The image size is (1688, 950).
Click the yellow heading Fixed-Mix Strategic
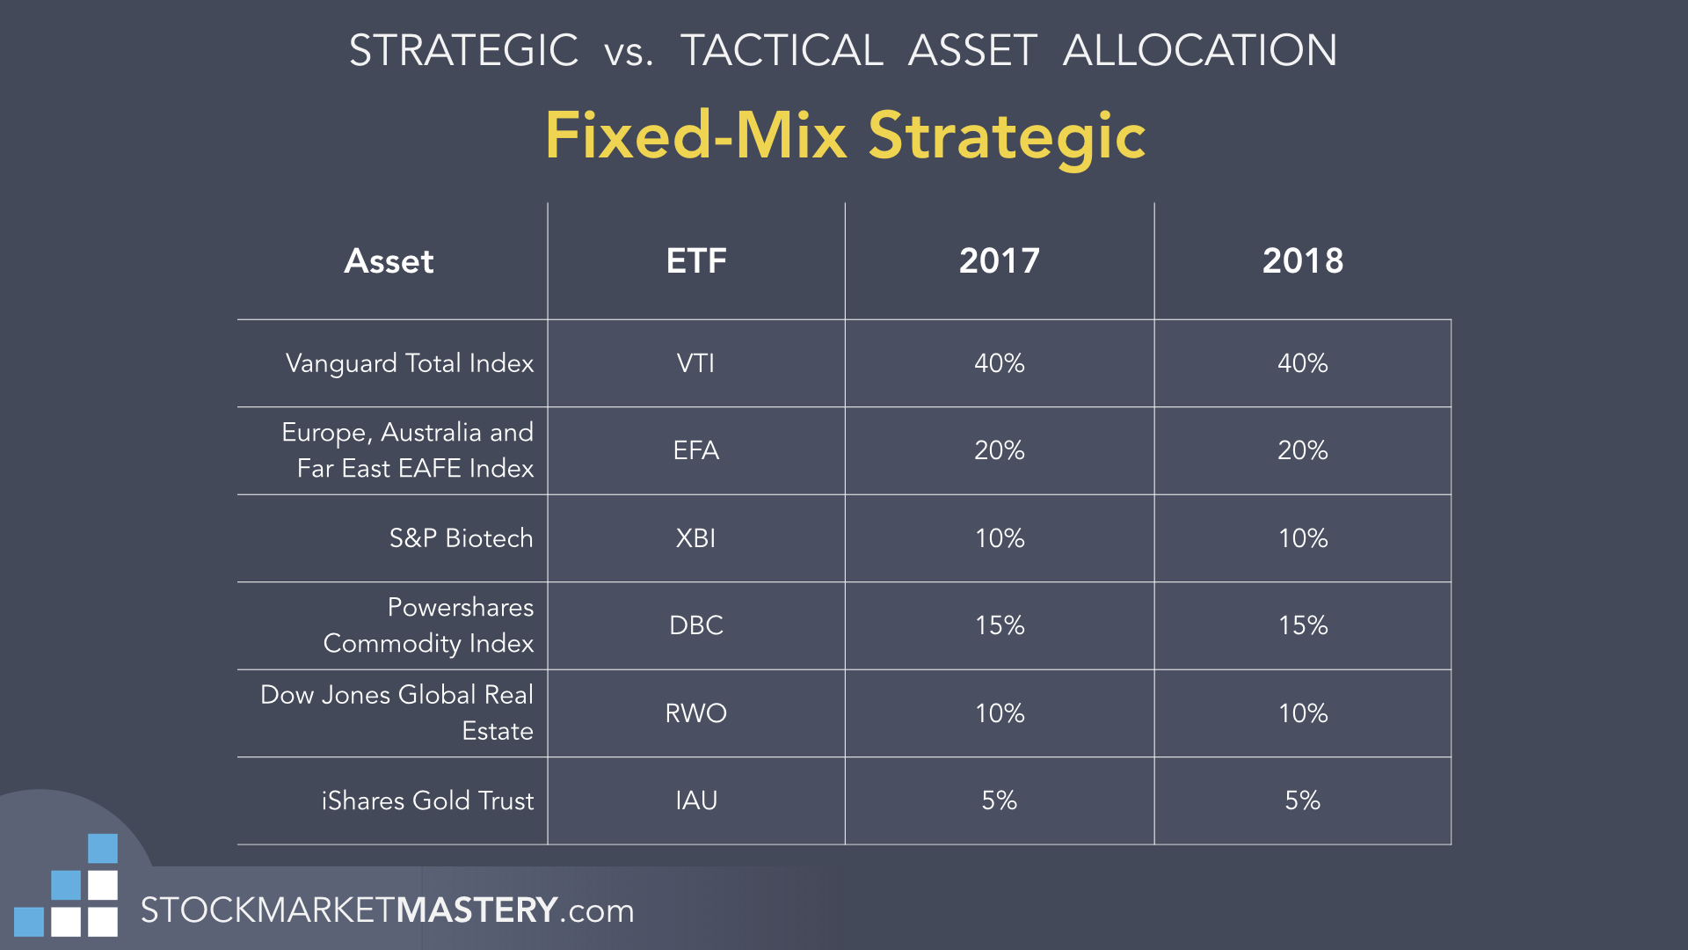coord(845,135)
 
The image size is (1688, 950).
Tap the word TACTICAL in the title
coord(782,50)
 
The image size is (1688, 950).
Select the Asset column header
coord(389,261)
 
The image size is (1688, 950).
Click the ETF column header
coord(696,261)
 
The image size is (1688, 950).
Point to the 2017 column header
coord(1000,261)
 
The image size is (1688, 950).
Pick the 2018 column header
coord(1303,261)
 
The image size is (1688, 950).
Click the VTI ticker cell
coord(696,363)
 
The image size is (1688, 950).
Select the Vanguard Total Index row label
coord(410,363)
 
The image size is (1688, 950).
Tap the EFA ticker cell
coord(696,450)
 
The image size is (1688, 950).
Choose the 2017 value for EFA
coord(1000,450)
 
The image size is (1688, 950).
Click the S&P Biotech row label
coord(462,538)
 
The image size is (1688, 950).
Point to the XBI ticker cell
coord(696,538)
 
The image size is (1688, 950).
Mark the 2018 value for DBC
coord(1303,625)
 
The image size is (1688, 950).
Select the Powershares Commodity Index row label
coord(429,625)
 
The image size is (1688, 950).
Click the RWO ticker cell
coord(696,713)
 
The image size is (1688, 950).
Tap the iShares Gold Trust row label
coord(428,800)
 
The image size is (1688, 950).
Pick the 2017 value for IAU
coord(1000,800)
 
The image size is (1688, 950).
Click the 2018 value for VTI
coord(1303,363)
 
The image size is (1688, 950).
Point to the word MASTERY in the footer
coord(477,910)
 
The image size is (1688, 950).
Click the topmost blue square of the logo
coord(103,849)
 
